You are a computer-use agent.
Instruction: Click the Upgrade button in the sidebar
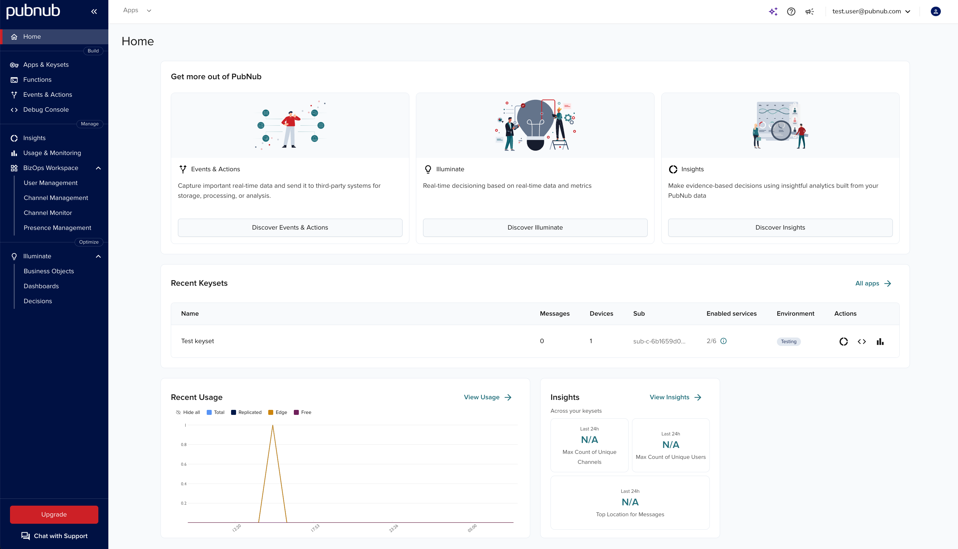pyautogui.click(x=54, y=514)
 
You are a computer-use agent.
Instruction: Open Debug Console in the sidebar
pyautogui.click(x=46, y=110)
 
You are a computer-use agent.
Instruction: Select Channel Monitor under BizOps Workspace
pyautogui.click(x=47, y=213)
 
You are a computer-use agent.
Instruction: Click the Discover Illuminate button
pyautogui.click(x=535, y=227)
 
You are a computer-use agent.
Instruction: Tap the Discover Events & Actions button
pyautogui.click(x=290, y=227)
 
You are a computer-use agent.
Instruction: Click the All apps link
pyautogui.click(x=873, y=283)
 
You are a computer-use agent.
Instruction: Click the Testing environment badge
pyautogui.click(x=788, y=342)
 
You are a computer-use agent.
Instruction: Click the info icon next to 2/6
pyautogui.click(x=723, y=341)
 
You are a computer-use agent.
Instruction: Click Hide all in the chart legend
pyautogui.click(x=188, y=412)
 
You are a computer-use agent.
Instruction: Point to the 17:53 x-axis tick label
pyautogui.click(x=315, y=528)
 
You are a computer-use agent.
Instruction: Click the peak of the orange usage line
pyautogui.click(x=273, y=426)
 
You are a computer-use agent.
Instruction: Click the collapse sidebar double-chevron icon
pyautogui.click(x=94, y=11)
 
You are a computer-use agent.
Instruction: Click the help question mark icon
pyautogui.click(x=791, y=11)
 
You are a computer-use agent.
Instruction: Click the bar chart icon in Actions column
pyautogui.click(x=880, y=342)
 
